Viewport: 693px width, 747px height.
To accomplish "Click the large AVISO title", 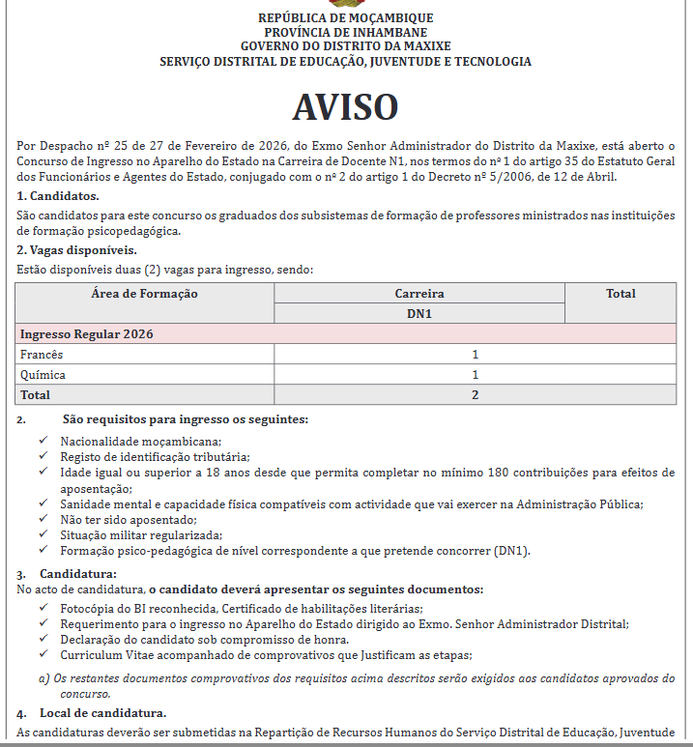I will click(x=345, y=105).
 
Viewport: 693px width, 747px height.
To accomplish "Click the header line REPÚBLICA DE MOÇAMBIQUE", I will click(x=345, y=18).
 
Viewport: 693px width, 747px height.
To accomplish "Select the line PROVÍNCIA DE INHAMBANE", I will click(x=345, y=33).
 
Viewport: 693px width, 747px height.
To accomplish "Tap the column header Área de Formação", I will click(x=145, y=294).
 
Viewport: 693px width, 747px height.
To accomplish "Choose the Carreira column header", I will click(x=419, y=294).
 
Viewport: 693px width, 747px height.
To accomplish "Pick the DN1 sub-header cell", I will click(x=419, y=313).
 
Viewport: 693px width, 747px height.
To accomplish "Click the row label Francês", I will click(x=42, y=355).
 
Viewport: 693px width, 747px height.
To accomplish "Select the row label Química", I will click(x=43, y=375).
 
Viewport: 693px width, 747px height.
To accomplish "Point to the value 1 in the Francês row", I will click(x=476, y=355).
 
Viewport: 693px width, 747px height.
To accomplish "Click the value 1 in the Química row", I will click(x=476, y=375).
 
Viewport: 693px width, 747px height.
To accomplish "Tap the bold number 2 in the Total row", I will click(x=476, y=395).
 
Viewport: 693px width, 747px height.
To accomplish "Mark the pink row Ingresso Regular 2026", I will click(x=88, y=334).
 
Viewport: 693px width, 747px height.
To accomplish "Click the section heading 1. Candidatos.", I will click(x=59, y=196).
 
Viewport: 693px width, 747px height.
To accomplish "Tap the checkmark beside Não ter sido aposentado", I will click(x=43, y=519).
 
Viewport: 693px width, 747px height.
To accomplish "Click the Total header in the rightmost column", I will click(x=621, y=294).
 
